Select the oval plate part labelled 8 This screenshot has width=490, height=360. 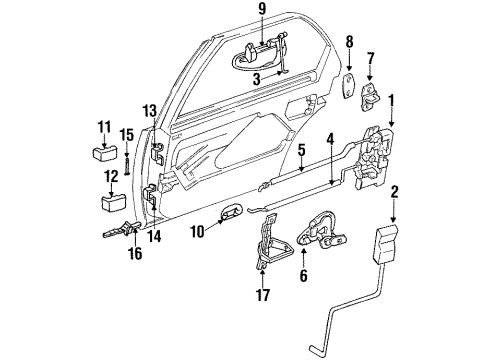[x=349, y=85]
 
